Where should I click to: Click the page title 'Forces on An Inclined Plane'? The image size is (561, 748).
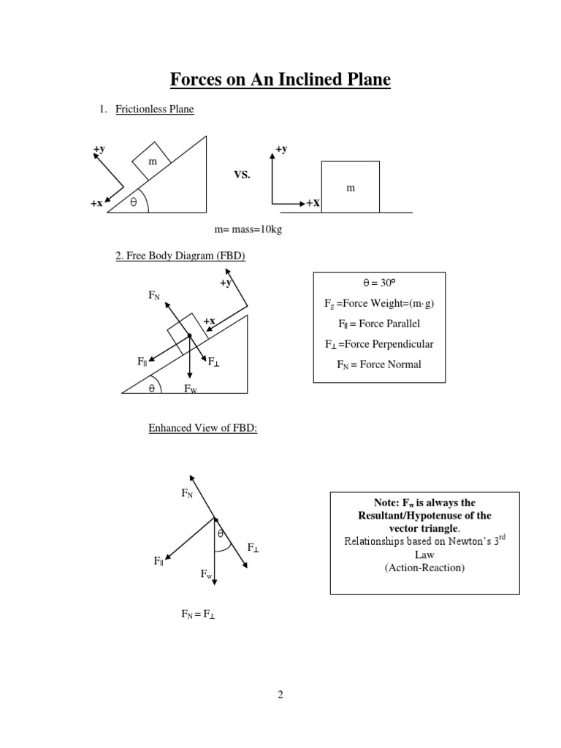pos(280,79)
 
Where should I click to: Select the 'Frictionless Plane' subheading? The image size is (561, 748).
pos(154,110)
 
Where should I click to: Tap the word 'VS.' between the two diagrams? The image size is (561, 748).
pos(242,175)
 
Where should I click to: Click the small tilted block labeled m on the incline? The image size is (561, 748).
pos(152,161)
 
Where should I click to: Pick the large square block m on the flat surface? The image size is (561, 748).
pos(350,188)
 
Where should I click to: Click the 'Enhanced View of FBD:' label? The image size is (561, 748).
pos(203,428)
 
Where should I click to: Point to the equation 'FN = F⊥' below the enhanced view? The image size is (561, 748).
pos(199,615)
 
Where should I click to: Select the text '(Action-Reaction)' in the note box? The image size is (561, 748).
pos(424,568)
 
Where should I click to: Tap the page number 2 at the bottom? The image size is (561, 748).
pos(280,695)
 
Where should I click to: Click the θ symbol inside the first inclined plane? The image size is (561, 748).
pos(133,203)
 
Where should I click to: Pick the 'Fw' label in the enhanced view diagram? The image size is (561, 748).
pos(207,575)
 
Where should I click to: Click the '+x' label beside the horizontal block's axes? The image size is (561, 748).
pos(313,203)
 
